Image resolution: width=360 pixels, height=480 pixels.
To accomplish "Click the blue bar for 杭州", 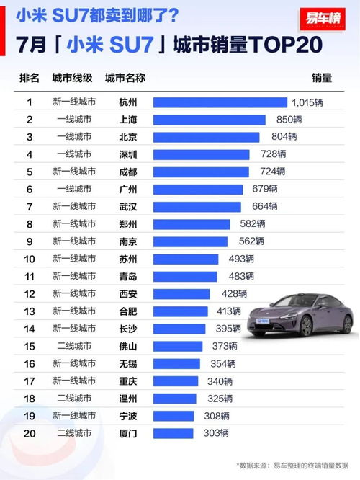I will coord(220,102).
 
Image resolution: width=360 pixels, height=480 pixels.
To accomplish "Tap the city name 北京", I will coord(127,137).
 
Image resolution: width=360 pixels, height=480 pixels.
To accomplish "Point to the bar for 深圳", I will coord(201,154).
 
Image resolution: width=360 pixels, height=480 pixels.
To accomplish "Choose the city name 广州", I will coord(127,189).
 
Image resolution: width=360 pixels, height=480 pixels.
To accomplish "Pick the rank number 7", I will coord(30,206).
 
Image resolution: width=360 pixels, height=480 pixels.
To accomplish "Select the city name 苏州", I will coord(127,259).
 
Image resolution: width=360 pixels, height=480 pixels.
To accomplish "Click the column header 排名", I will coord(30,78).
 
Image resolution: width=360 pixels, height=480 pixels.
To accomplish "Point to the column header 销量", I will coord(322,78).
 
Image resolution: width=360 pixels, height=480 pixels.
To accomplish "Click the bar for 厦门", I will coord(173,433).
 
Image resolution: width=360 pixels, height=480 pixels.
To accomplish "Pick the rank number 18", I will coord(30,398).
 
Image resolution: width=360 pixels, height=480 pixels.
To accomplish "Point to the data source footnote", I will coord(294,466).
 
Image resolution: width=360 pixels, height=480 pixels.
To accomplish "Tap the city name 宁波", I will coord(127,415).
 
